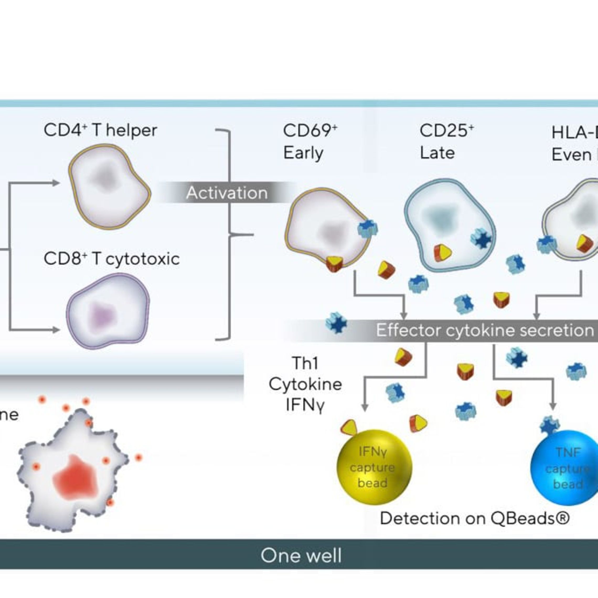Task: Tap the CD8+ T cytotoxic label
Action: pos(111,259)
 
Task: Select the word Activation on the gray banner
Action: pos(227,193)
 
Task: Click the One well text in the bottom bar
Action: pos(301,555)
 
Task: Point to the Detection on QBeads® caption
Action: pos(474,519)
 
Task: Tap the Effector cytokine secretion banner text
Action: pos(484,330)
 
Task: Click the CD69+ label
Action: pos(310,131)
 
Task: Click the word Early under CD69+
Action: pos(303,153)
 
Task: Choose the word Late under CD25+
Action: pos(437,153)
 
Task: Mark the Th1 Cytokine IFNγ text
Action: pos(305,384)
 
